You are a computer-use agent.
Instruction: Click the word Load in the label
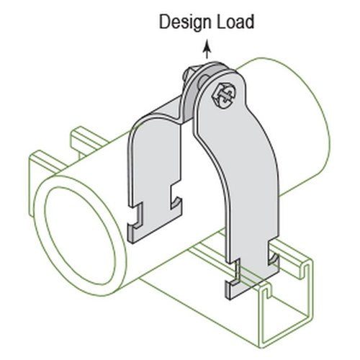235,22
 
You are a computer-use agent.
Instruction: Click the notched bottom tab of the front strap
252,276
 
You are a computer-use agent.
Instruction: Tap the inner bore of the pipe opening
80,236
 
